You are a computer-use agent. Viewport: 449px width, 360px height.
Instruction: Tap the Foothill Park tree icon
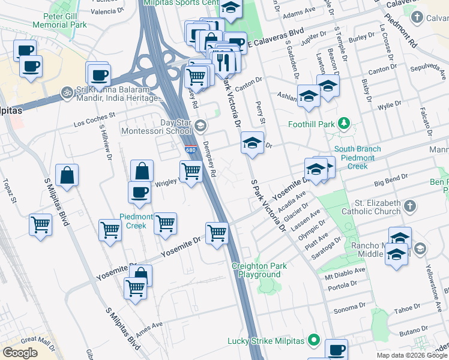343,124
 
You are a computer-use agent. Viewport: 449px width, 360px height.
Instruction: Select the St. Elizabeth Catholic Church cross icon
409,206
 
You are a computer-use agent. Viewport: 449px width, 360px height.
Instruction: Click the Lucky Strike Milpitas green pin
313,341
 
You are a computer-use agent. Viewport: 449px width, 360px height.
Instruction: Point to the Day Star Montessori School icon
200,126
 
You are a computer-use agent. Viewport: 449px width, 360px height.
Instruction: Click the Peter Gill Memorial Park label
60,20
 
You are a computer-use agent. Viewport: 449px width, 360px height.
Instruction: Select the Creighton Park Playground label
260,270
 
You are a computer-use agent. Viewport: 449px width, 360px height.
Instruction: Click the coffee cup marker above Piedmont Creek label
140,192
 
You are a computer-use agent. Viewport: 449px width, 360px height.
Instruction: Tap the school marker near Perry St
253,143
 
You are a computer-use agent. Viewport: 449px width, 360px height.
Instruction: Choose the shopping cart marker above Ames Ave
136,289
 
